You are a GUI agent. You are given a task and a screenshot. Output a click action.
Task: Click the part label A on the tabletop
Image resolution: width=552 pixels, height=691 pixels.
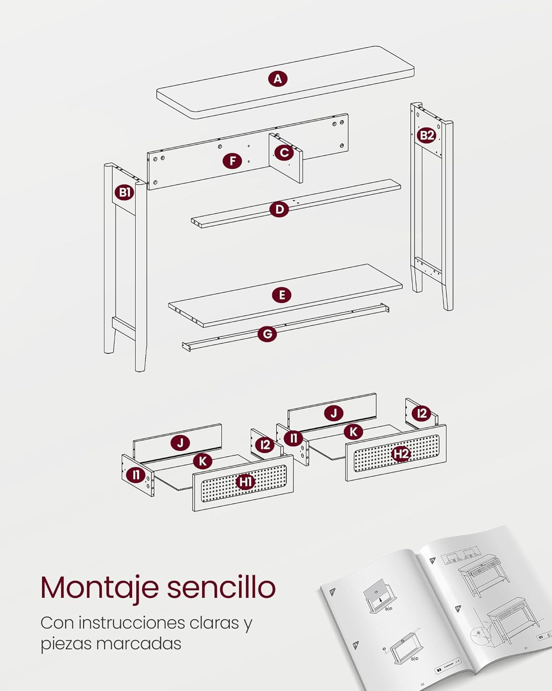pos(277,79)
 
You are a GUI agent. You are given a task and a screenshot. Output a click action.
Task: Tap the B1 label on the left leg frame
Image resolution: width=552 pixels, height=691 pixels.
pos(125,192)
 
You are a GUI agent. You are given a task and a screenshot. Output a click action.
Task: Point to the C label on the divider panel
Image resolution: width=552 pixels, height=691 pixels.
pos(284,152)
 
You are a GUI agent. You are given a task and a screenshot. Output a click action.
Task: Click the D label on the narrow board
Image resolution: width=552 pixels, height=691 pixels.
pos(279,210)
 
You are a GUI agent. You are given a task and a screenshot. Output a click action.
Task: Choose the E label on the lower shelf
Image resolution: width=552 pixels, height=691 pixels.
pos(282,295)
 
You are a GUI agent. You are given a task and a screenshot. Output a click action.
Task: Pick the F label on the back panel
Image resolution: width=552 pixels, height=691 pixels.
pos(233,161)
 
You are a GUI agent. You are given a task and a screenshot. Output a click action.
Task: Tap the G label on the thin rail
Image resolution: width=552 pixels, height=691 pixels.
pos(267,334)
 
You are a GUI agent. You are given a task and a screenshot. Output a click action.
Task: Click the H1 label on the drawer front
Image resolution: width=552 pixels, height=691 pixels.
pos(246,482)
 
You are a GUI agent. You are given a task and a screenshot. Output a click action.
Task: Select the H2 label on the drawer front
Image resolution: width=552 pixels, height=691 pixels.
pos(401,454)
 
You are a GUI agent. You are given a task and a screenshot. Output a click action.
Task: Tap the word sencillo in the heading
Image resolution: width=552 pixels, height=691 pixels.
pos(221,587)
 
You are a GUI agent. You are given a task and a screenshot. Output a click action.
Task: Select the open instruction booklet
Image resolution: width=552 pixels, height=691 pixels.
pos(435,608)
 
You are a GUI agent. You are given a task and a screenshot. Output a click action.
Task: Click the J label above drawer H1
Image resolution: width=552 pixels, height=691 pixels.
pos(180,443)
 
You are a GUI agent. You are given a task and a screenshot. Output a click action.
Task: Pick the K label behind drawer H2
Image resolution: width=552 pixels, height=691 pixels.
pos(353,432)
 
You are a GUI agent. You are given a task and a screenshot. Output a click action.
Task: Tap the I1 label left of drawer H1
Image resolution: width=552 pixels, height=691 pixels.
pos(136,474)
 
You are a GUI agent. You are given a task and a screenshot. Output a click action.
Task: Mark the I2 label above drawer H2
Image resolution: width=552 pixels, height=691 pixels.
pos(421,413)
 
